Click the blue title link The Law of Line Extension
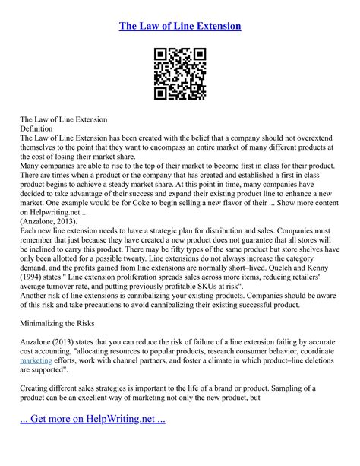(x=180, y=26)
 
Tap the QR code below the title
(x=180, y=74)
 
